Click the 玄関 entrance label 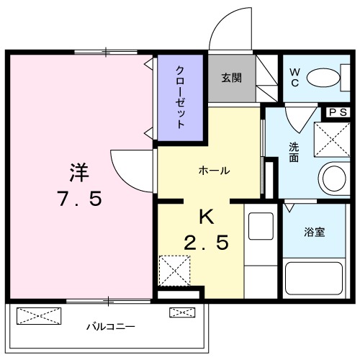tap(232, 78)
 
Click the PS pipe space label tap(338, 112)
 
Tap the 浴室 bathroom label tap(314, 232)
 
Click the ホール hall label tap(214, 171)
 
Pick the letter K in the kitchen tap(207, 215)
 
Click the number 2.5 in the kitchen tap(206, 243)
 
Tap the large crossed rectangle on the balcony tap(40, 315)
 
